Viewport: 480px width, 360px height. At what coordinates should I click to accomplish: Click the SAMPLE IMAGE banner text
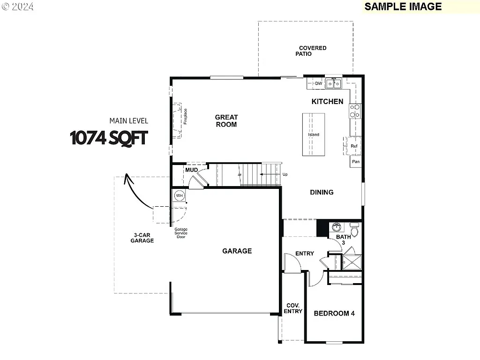[x=403, y=7]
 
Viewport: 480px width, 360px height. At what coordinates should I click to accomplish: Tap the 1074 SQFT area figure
[x=109, y=138]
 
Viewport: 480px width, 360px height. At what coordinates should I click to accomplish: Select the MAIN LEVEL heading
[x=128, y=120]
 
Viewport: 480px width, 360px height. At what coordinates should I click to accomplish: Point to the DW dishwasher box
[x=319, y=83]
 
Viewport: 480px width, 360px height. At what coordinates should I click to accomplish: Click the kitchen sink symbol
[x=334, y=83]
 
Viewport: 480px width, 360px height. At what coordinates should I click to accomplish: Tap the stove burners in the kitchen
[x=355, y=111]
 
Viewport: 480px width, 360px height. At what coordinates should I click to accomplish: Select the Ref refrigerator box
[x=354, y=146]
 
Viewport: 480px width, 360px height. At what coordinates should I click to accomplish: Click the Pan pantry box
[x=356, y=162]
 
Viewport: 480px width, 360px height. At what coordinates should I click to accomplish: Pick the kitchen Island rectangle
[x=314, y=135]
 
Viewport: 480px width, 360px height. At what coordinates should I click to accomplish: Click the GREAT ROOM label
[x=226, y=120]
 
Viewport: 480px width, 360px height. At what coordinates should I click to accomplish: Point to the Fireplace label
[x=185, y=116]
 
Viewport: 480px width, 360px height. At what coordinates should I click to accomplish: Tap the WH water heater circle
[x=179, y=195]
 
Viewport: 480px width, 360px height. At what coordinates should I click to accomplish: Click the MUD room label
[x=191, y=170]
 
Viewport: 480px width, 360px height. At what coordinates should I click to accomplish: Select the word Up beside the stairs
[x=285, y=174]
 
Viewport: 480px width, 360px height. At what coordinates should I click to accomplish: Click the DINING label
[x=322, y=192]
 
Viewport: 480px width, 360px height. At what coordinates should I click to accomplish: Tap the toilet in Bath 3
[x=354, y=231]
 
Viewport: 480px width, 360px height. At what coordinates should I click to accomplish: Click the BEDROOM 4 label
[x=334, y=313]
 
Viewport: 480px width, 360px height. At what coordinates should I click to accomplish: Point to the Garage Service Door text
[x=181, y=233]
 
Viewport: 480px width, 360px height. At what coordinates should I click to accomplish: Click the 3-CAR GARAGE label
[x=142, y=238]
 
